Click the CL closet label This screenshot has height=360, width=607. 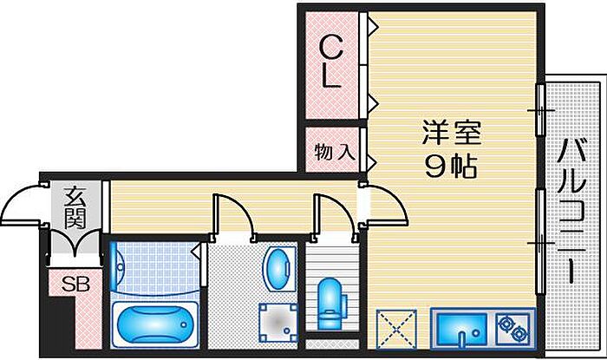[330, 60]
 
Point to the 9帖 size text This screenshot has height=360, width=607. [451, 165]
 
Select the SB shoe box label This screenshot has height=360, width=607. [70, 284]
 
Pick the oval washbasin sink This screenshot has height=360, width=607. [278, 269]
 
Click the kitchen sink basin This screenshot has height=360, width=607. [460, 330]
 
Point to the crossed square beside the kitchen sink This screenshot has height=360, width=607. [397, 330]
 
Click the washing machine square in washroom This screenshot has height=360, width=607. [280, 324]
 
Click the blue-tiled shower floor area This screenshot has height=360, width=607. [154, 269]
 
